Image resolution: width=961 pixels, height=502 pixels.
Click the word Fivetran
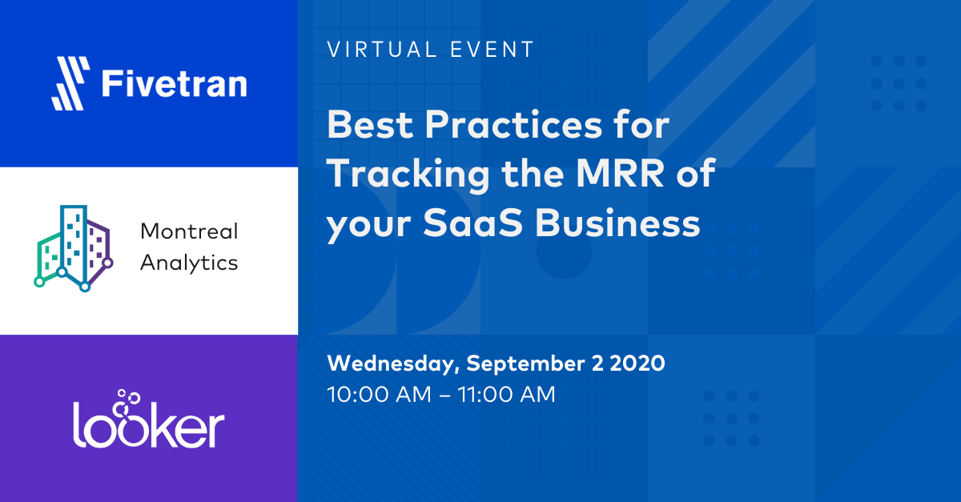click(x=174, y=83)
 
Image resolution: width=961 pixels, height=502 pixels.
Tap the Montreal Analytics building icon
click(x=71, y=247)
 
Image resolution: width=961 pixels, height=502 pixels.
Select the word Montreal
click(x=189, y=232)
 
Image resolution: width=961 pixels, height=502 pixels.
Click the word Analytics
click(x=189, y=263)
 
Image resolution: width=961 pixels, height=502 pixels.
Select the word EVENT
click(x=492, y=50)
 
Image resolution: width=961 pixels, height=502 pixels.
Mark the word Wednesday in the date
click(x=392, y=363)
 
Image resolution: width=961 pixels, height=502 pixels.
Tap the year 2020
click(x=637, y=363)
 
